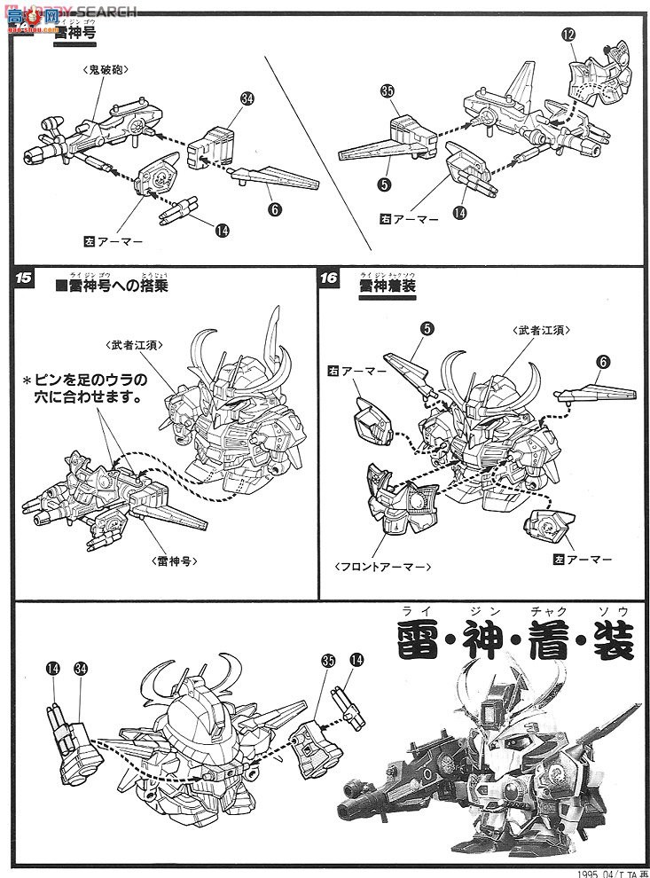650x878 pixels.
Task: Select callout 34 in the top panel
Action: click(x=247, y=100)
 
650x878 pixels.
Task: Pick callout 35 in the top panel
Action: click(x=387, y=90)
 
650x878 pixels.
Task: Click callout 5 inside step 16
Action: click(x=427, y=329)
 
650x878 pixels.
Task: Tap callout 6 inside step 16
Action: click(x=605, y=361)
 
